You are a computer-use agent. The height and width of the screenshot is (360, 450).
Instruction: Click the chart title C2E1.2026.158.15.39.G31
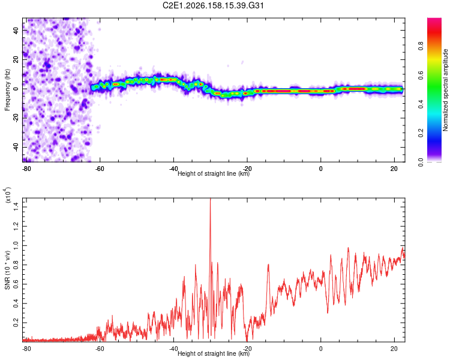pyautogui.click(x=213, y=5)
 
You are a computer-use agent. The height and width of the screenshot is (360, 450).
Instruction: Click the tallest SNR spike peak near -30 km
pyautogui.click(x=211, y=199)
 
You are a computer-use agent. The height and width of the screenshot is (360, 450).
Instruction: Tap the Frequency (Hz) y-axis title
pyautogui.click(x=7, y=89)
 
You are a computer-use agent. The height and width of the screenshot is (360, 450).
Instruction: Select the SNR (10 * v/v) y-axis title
pyautogui.click(x=8, y=270)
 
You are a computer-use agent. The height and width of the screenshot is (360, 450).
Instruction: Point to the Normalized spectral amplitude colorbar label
pyautogui.click(x=445, y=90)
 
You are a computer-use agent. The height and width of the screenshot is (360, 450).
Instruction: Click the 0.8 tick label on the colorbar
pyautogui.click(x=421, y=46)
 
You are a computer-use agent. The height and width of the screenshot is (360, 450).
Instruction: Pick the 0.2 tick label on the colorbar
pyautogui.click(x=421, y=133)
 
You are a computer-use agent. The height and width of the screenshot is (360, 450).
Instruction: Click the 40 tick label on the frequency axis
pyautogui.click(x=16, y=31)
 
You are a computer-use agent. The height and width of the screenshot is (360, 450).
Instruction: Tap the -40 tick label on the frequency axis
pyautogui.click(x=16, y=147)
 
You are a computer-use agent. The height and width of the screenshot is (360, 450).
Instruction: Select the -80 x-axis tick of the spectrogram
pyautogui.click(x=26, y=169)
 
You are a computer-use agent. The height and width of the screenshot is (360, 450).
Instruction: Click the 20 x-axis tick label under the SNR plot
pyautogui.click(x=394, y=349)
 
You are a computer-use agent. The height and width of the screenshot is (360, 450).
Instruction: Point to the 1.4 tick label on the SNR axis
pyautogui.click(x=16, y=206)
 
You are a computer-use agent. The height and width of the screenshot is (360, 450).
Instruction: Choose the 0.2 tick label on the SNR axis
pyautogui.click(x=16, y=323)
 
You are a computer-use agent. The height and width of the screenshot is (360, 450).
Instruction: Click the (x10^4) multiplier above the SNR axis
pyautogui.click(x=8, y=194)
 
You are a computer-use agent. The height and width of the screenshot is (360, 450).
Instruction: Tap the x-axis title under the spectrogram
pyautogui.click(x=214, y=173)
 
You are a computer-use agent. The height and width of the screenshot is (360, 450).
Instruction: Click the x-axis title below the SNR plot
pyautogui.click(x=214, y=353)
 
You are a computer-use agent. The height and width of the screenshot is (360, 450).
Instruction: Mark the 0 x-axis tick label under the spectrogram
pyautogui.click(x=320, y=169)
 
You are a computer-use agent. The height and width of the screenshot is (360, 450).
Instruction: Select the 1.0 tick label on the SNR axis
pyautogui.click(x=16, y=245)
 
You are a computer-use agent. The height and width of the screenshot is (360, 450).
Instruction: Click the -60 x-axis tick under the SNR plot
pyautogui.click(x=99, y=349)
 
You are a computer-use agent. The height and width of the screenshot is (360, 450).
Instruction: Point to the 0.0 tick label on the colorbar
pyautogui.click(x=421, y=162)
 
